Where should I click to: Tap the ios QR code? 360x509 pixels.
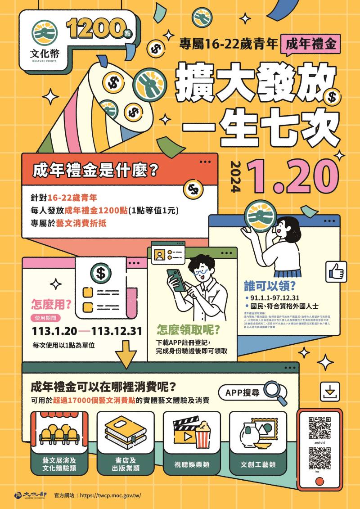(x=320, y=459)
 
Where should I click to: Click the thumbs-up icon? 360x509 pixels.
(x=336, y=271)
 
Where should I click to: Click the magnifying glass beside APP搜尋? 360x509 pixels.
(x=275, y=393)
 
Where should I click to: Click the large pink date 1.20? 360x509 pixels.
(x=292, y=176)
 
